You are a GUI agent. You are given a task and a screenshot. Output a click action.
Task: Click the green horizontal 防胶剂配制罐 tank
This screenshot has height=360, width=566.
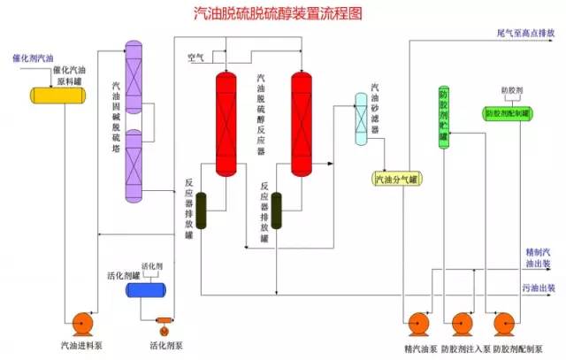(507, 113)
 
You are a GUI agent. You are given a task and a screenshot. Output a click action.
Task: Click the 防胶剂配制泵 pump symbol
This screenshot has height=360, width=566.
(507, 325)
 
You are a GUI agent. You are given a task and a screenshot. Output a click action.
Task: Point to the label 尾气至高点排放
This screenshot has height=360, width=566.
(525, 33)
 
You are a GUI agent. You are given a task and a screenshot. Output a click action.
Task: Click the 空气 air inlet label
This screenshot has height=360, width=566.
(195, 58)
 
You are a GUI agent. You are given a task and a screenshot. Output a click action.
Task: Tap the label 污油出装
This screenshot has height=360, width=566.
(539, 288)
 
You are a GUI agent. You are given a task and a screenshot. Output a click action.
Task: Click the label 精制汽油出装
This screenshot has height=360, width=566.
(539, 257)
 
